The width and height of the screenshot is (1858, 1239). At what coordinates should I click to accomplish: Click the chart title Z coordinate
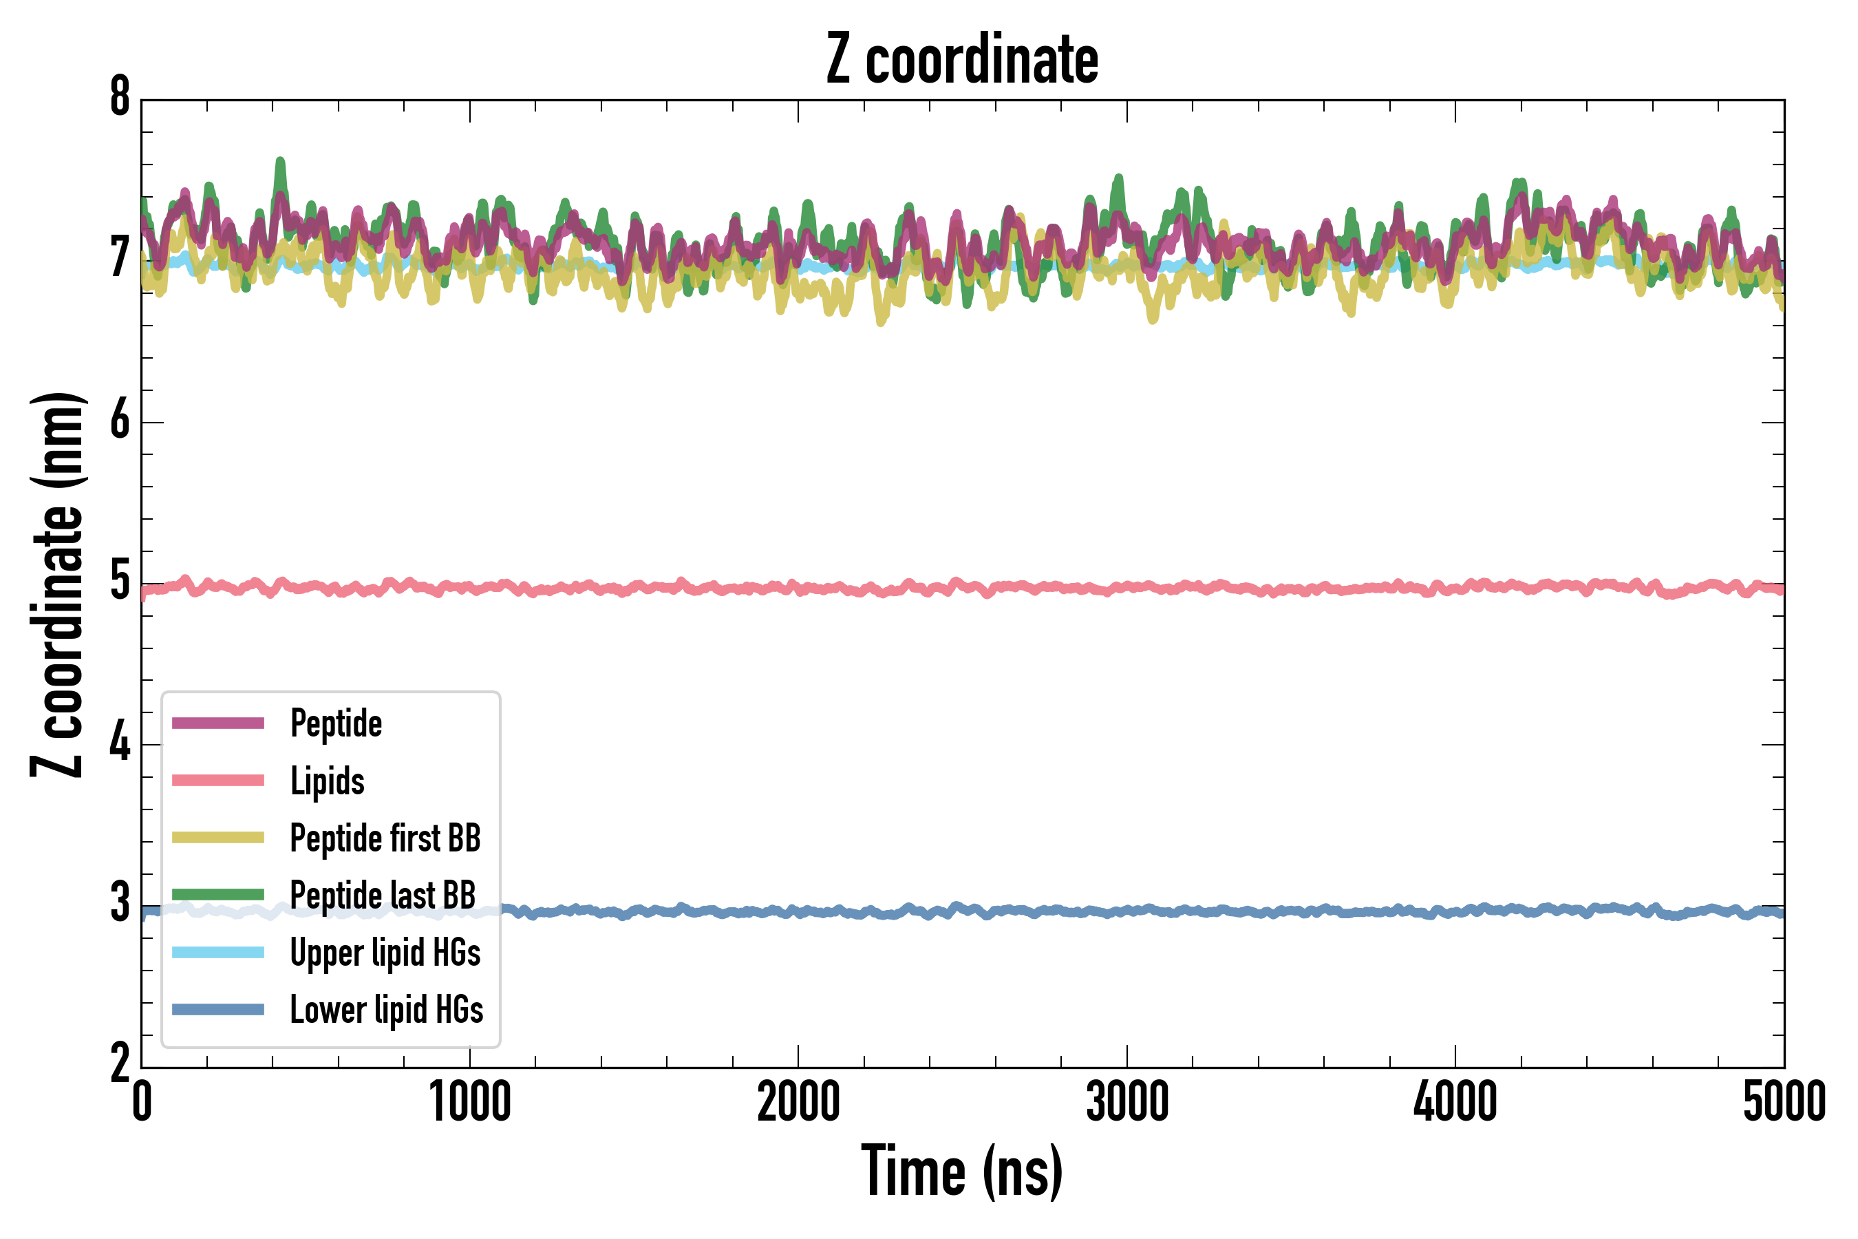coord(961,60)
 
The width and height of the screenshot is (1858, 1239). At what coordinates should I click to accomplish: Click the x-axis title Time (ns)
coord(961,1171)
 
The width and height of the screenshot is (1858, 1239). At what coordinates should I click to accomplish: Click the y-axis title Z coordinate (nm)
coord(57,584)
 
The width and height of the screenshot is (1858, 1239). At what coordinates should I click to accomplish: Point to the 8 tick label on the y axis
coord(120,98)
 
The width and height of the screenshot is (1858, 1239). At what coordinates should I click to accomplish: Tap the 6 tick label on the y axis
coord(120,421)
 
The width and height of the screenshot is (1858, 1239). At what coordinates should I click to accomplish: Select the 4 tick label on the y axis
coord(120,743)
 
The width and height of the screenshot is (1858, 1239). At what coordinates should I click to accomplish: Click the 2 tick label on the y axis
coord(120,1063)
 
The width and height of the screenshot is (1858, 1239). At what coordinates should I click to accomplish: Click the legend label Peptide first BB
coord(385,838)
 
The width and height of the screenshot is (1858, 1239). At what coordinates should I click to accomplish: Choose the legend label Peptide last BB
coord(383,896)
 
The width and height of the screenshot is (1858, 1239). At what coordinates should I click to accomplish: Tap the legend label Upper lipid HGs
coord(385,953)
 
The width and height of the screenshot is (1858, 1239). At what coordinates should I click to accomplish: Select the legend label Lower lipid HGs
coord(387,1010)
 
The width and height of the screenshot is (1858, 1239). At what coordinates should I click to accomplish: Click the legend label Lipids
coord(328,781)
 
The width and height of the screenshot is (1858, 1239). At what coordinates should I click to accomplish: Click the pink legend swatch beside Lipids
coord(218,781)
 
